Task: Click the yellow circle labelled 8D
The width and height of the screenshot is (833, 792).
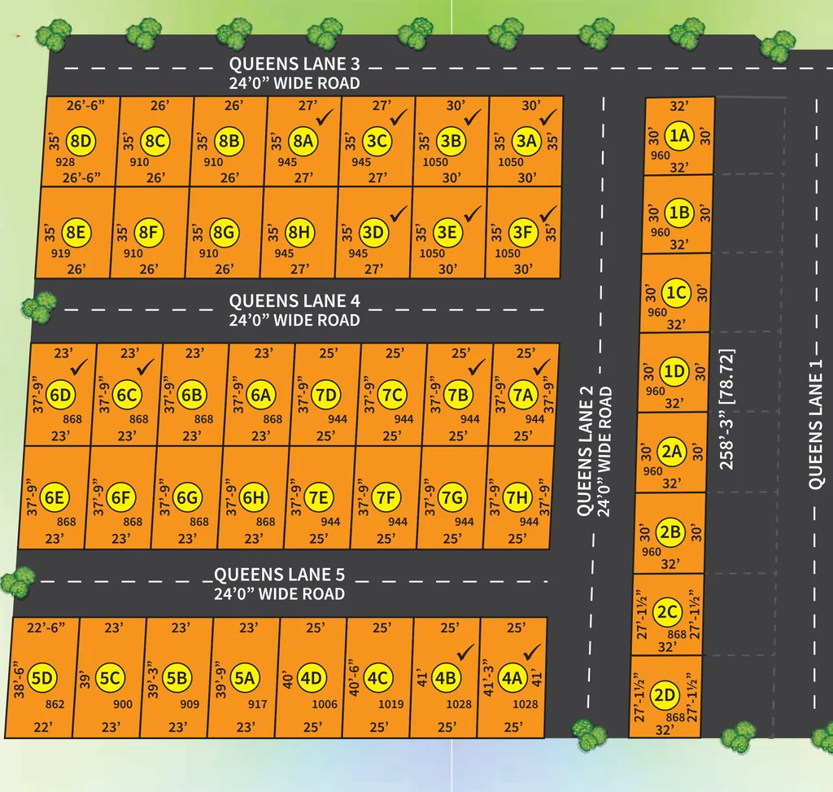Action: point(81,142)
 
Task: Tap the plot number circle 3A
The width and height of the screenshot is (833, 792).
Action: point(526,142)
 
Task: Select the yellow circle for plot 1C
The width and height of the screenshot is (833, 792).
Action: point(676,292)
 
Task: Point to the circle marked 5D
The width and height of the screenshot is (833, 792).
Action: point(42,678)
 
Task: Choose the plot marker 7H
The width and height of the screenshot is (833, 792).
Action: point(517,497)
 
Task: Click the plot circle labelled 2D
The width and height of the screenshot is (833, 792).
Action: point(664,695)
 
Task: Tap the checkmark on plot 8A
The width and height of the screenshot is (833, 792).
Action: point(325,117)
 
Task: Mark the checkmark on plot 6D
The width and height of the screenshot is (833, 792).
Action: point(79,366)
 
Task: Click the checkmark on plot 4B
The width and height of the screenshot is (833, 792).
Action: point(465,652)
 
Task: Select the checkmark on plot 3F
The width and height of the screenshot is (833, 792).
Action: point(548,214)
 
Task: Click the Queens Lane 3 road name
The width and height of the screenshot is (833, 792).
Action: point(294,64)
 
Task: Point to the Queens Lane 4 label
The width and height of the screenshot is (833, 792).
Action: point(294,301)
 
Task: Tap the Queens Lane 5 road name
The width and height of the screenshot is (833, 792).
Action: point(280,575)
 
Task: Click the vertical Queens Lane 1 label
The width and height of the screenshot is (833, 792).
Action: point(815,424)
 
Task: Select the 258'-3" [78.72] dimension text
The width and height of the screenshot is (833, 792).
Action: point(726,409)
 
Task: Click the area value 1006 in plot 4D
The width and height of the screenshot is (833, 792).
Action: point(325,704)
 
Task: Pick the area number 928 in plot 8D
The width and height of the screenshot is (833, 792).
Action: point(65,162)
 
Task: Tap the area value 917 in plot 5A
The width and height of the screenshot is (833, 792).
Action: point(258,704)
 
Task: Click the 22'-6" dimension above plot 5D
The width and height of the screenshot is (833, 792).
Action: point(46,628)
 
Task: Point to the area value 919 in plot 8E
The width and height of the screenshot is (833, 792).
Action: point(60,253)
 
